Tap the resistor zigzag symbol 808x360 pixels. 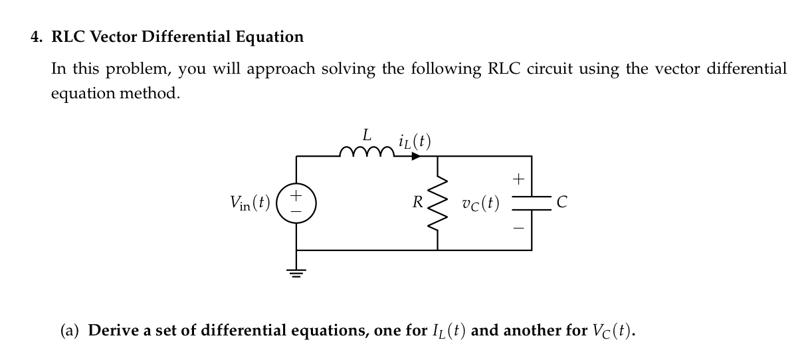(x=437, y=203)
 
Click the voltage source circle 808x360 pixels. (x=296, y=203)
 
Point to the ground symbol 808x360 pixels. (x=296, y=272)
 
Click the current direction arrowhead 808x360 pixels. (x=415, y=157)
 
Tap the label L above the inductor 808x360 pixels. (x=366, y=135)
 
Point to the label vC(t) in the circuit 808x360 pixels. (x=481, y=203)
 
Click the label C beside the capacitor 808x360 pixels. (x=561, y=203)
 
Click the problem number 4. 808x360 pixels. (x=37, y=37)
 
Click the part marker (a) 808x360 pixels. (x=70, y=330)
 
